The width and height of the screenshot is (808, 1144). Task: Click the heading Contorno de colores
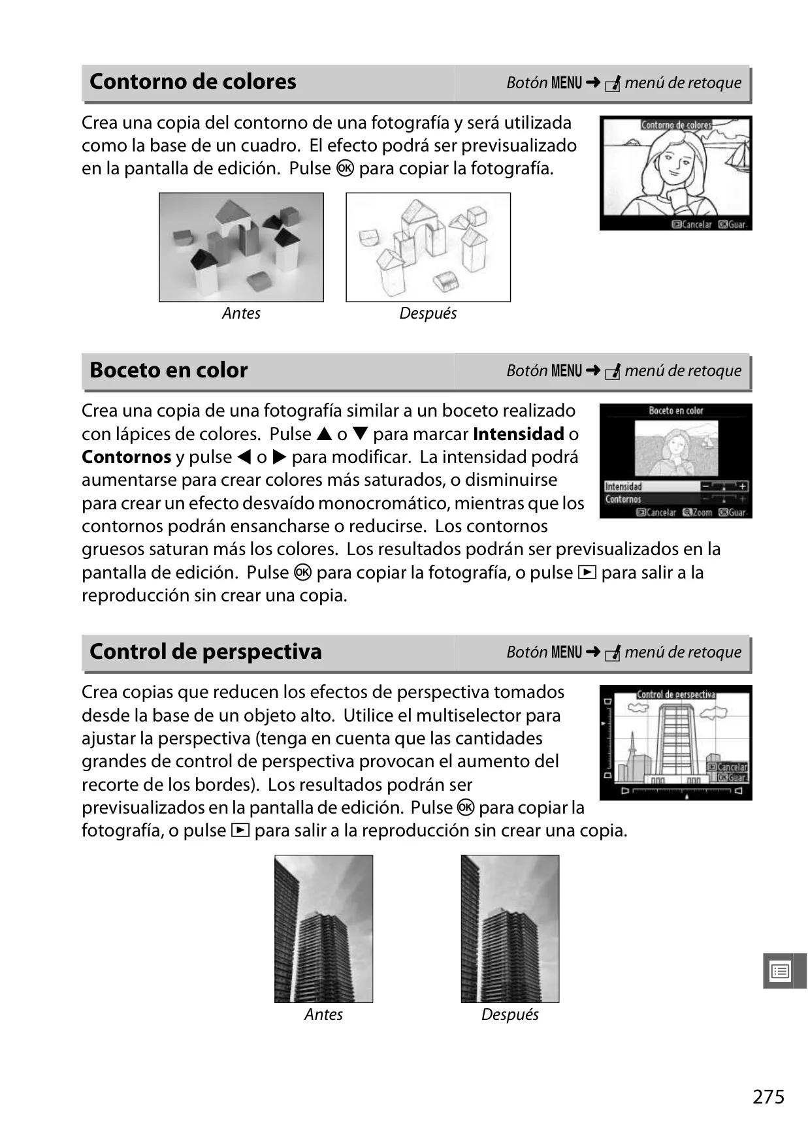(x=193, y=82)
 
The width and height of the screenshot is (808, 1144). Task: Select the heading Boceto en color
(x=169, y=370)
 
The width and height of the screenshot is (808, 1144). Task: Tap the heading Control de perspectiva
(x=206, y=652)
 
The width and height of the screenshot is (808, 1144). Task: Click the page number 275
(x=768, y=1096)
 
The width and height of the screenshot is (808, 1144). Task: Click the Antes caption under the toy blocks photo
(x=241, y=313)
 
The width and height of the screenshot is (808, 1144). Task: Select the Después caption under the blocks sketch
(x=428, y=313)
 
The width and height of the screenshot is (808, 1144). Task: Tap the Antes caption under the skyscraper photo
(x=323, y=1015)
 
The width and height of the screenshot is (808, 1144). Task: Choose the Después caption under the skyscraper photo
(x=510, y=1015)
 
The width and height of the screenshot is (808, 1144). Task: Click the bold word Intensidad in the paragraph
(x=519, y=434)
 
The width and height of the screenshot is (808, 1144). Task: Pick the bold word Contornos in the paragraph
(x=127, y=457)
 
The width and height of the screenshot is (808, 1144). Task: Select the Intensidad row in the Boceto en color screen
(x=675, y=486)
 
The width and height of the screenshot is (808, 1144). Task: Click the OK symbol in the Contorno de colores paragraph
(x=345, y=168)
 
